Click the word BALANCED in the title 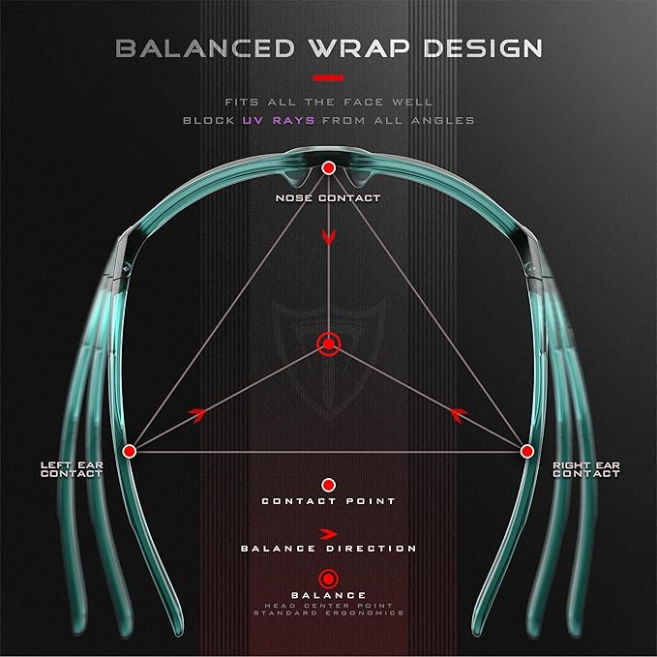(x=205, y=48)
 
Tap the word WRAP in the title (x=360, y=48)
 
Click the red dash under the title (x=329, y=78)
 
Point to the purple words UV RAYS (x=279, y=121)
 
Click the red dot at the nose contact (x=329, y=168)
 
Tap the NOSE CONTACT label (x=328, y=198)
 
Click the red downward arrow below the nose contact (x=329, y=237)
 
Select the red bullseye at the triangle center (x=329, y=344)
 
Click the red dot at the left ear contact (x=130, y=451)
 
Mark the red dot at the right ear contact (x=527, y=451)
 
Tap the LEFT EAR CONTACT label (x=72, y=469)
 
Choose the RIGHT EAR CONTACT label (x=586, y=469)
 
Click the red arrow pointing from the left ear (x=198, y=414)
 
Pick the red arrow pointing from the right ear (x=459, y=414)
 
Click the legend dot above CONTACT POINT (x=329, y=485)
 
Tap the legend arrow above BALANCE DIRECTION (x=329, y=534)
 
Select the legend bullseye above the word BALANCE (x=329, y=580)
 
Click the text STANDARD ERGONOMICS (x=329, y=613)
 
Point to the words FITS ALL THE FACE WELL (x=329, y=103)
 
